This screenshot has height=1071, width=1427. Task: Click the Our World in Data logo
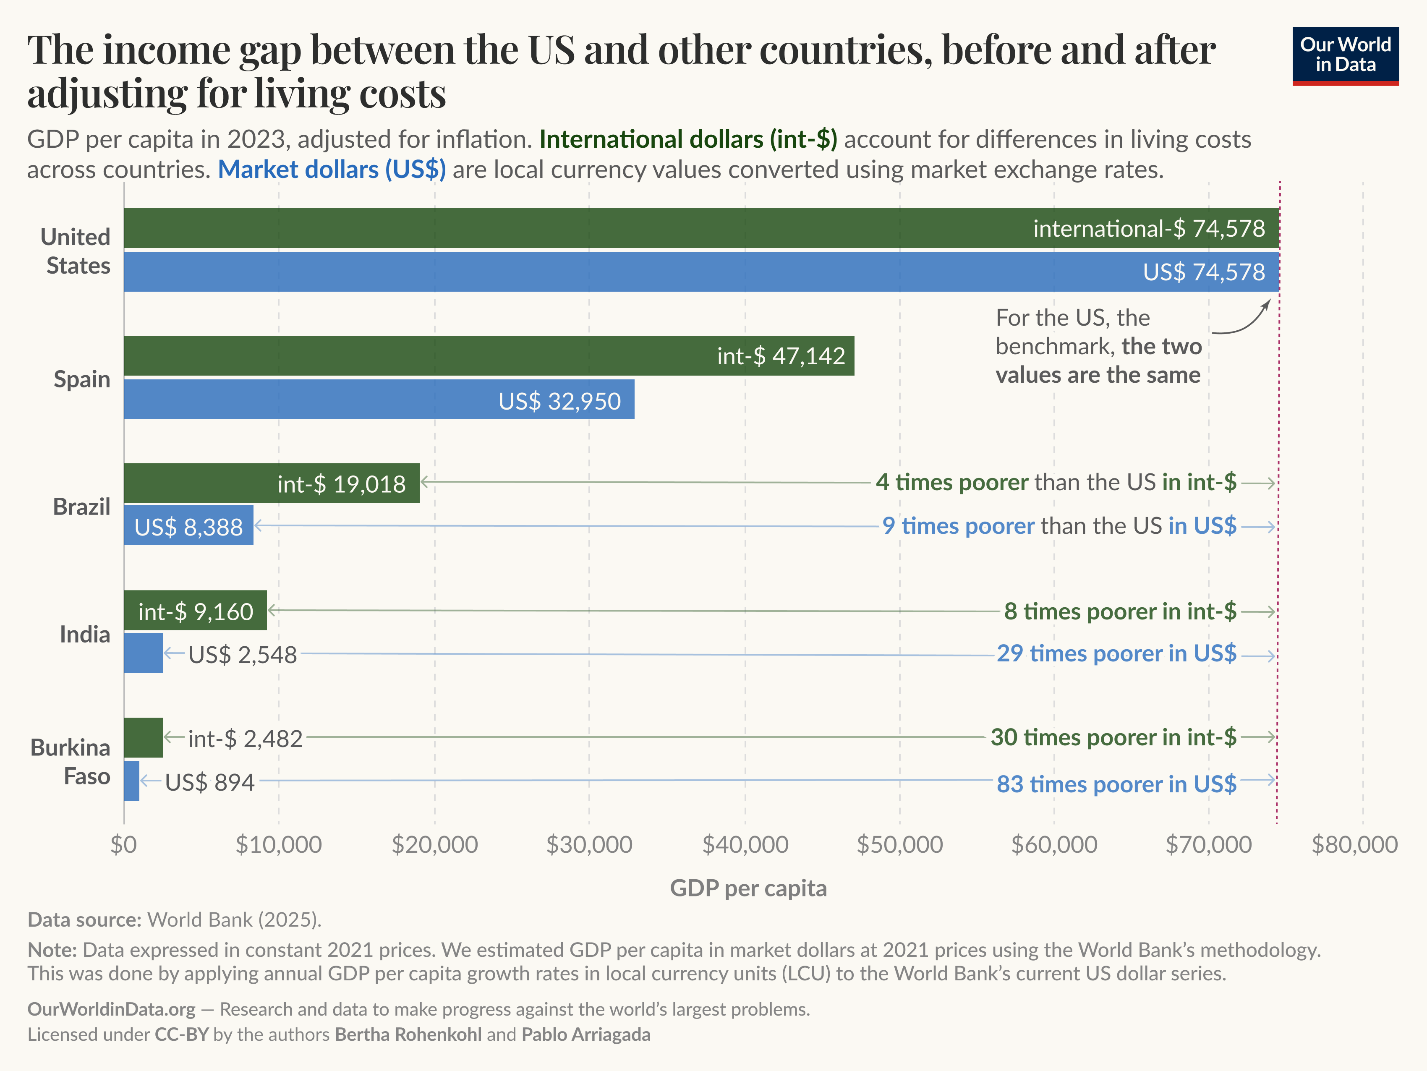pyautogui.click(x=1345, y=55)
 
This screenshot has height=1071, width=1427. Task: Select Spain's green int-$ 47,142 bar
pyautogui.click(x=489, y=355)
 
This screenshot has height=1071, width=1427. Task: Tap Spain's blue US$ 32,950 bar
pyautogui.click(x=379, y=400)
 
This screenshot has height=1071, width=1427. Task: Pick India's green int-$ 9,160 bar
pyautogui.click(x=195, y=610)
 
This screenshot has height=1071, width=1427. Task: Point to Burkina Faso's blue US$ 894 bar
pyautogui.click(x=132, y=781)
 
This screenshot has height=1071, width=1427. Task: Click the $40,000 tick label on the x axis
pyautogui.click(x=745, y=844)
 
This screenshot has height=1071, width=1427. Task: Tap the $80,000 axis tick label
pyautogui.click(x=1354, y=844)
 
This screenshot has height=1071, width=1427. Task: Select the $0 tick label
pyautogui.click(x=123, y=844)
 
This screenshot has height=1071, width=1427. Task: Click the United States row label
pyautogui.click(x=76, y=251)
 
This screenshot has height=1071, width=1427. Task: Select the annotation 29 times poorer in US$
pyautogui.click(x=1116, y=653)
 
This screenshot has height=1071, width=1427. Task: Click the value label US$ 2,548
pyautogui.click(x=243, y=655)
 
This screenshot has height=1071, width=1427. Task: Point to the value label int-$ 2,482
pyautogui.click(x=245, y=739)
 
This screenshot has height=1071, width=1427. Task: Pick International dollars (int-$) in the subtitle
pyautogui.click(x=688, y=139)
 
